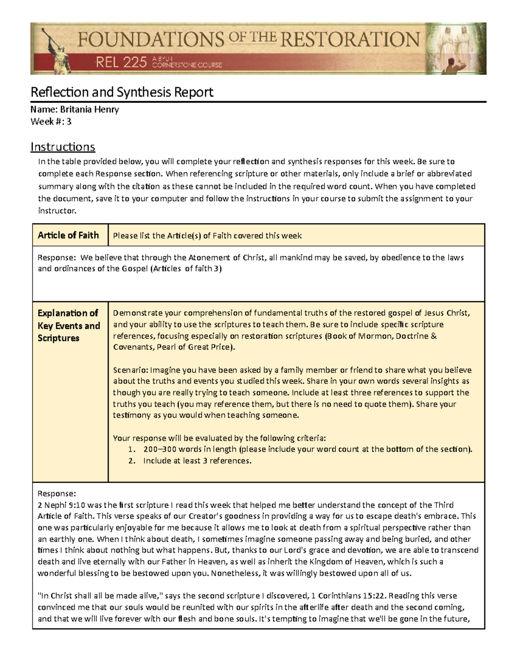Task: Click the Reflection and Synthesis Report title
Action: (121, 92)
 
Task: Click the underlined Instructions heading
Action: (62, 147)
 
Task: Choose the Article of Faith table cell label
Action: (68, 235)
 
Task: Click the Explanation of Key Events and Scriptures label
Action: (69, 325)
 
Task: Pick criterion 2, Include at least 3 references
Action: (197, 461)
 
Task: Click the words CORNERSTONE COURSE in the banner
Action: (187, 65)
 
